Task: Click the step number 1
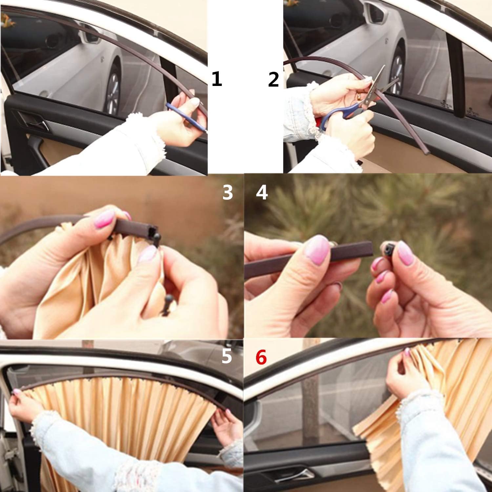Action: coord(217,80)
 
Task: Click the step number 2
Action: coord(273,80)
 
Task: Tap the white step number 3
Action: coord(228,193)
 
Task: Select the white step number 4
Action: coord(262,193)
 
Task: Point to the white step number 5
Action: coord(226,357)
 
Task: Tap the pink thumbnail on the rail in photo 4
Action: coord(316,249)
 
